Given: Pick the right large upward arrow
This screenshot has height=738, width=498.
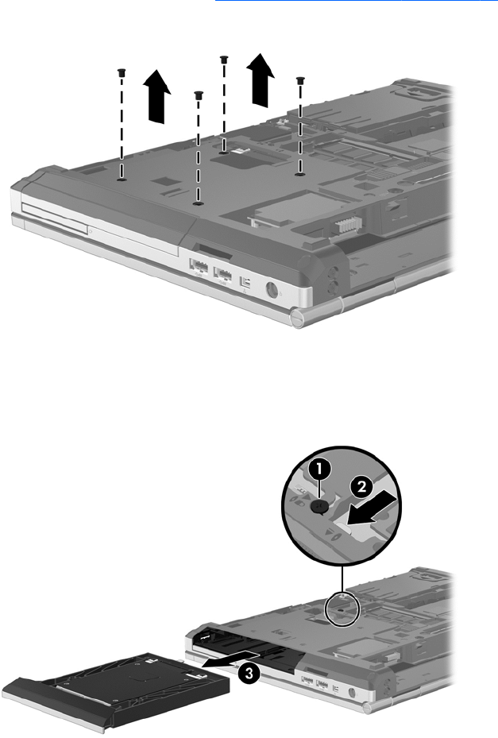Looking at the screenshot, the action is tap(261, 79).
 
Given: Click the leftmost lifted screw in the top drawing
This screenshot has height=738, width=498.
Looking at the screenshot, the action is tap(122, 72).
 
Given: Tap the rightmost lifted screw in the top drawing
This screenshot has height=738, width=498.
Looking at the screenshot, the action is tap(299, 80).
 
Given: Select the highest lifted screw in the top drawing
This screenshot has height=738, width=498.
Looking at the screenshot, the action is tap(223, 59).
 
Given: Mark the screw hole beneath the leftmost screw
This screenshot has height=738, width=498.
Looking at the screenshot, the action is tap(122, 180).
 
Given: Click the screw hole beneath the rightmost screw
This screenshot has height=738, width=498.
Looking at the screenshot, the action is tap(299, 174).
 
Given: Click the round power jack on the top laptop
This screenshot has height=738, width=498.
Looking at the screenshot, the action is tap(272, 289).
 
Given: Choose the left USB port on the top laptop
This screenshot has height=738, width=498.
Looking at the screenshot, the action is tap(199, 267).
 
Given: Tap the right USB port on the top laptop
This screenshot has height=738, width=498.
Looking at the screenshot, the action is tap(222, 274).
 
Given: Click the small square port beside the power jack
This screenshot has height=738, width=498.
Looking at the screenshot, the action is tap(245, 282).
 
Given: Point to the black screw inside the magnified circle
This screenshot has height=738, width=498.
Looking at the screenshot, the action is tap(320, 505).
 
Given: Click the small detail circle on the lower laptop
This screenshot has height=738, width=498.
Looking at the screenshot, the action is tap(343, 609).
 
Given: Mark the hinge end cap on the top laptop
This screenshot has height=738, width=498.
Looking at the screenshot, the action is tap(299, 318).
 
